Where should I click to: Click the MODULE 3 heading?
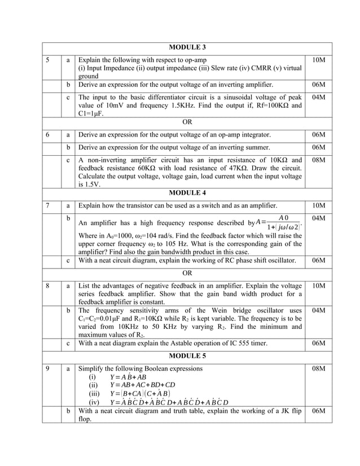186,47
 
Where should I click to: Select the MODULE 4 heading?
186,193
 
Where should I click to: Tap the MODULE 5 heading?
186,357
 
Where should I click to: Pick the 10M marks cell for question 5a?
318,59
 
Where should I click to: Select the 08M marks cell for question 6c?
318,160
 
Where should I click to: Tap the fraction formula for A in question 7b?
280,223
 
